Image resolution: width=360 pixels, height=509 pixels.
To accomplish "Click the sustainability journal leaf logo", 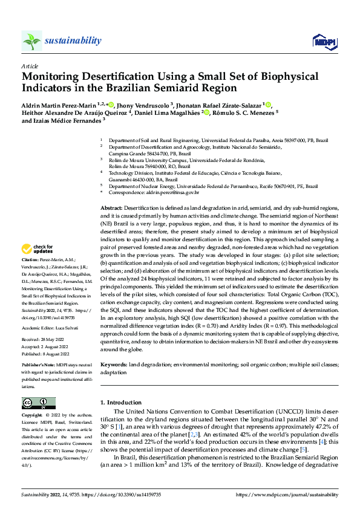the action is click(32, 41).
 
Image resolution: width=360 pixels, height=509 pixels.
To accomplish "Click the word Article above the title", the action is click(29, 65).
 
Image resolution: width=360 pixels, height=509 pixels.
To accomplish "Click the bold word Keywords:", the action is click(113, 365).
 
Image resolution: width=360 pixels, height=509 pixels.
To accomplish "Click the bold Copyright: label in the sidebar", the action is click(33, 416).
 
